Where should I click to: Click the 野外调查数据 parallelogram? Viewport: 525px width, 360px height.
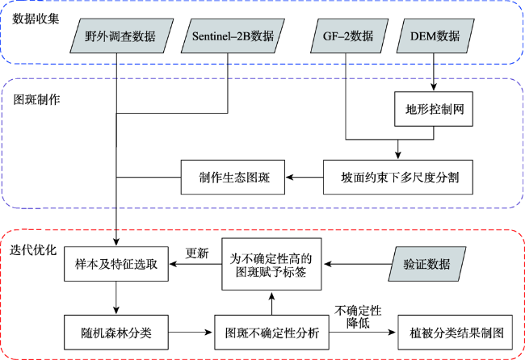[x=121, y=36]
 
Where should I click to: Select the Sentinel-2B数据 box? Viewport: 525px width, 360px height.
[x=233, y=36]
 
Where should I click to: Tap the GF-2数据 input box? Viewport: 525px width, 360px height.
[x=349, y=36]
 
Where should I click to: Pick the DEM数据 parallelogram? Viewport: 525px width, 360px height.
[x=435, y=36]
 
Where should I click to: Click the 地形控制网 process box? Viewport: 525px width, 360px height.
[x=434, y=109]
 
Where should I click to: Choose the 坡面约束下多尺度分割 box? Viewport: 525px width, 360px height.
[x=397, y=177]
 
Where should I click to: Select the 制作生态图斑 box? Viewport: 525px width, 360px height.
[x=233, y=177]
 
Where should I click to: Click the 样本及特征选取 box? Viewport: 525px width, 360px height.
[x=116, y=264]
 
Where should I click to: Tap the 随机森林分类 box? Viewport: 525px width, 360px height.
[x=116, y=333]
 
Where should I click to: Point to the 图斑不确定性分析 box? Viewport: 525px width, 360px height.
[x=271, y=333]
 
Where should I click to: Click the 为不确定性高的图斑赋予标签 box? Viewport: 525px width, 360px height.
[x=271, y=264]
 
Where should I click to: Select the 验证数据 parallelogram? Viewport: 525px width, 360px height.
[x=427, y=264]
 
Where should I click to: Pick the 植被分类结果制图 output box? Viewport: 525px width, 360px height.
[x=455, y=333]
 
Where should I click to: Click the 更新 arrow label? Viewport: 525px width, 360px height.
[x=197, y=253]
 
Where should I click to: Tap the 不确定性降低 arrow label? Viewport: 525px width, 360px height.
[x=358, y=317]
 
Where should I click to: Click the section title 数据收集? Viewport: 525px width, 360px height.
[x=36, y=19]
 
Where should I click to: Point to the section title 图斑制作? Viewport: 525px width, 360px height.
[x=36, y=99]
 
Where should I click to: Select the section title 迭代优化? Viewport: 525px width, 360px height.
[x=33, y=250]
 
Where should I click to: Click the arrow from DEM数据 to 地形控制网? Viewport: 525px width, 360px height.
[x=434, y=72]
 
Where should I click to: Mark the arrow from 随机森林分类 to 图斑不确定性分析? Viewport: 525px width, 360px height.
[x=191, y=333]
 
